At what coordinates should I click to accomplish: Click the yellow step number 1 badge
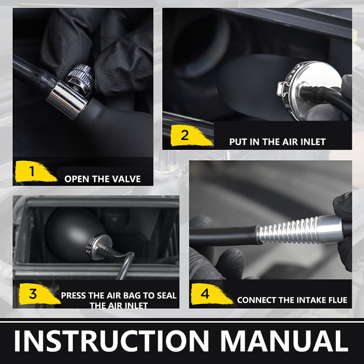coord(35,172)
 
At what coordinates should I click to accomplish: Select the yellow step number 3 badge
coord(38,294)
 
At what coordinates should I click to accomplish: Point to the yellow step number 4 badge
coord(210,294)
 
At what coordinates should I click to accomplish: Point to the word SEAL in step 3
coord(167,295)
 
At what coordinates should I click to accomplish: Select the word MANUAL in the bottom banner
coord(284,340)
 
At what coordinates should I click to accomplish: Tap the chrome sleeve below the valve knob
coord(67,100)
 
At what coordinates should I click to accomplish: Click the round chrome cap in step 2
coord(309,90)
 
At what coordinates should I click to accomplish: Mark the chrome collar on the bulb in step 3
coord(99,247)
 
